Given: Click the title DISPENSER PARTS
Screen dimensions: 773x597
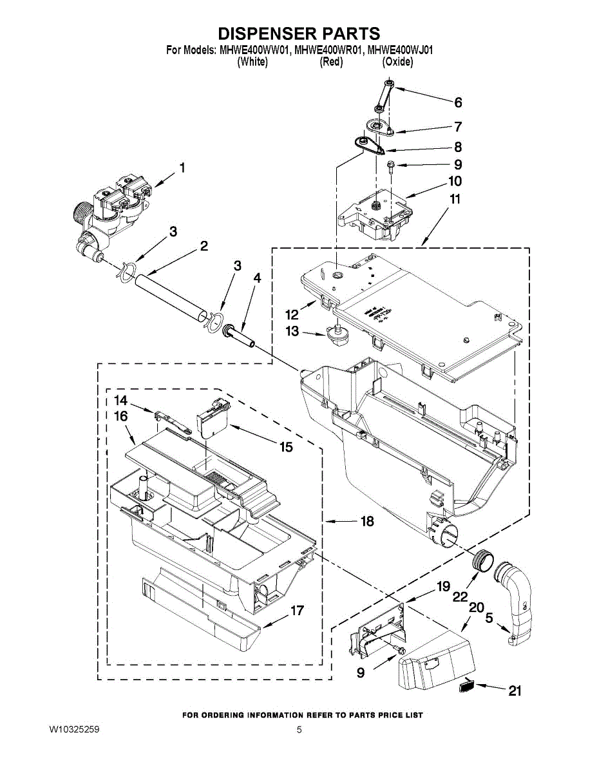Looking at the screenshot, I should pyautogui.click(x=298, y=33).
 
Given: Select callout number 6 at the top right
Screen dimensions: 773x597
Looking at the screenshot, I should pyautogui.click(x=458, y=102).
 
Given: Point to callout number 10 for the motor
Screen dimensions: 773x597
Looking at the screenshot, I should pyautogui.click(x=455, y=181).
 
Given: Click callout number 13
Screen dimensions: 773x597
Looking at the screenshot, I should pyautogui.click(x=292, y=331).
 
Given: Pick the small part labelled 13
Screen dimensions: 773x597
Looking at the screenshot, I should pyautogui.click(x=336, y=334).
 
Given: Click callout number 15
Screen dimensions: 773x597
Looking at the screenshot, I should pyautogui.click(x=285, y=446).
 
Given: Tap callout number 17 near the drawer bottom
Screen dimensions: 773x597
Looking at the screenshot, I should pyautogui.click(x=296, y=611).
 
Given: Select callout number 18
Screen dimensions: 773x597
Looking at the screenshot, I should pyautogui.click(x=366, y=522).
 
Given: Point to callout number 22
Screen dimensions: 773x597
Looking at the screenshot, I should pyautogui.click(x=459, y=596).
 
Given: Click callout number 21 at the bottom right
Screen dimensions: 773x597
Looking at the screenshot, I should pyautogui.click(x=515, y=691).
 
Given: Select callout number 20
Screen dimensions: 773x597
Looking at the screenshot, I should pyautogui.click(x=476, y=607).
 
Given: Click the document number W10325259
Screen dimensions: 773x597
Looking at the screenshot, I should pyautogui.click(x=74, y=730).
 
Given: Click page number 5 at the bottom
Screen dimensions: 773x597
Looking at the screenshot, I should pyautogui.click(x=299, y=730).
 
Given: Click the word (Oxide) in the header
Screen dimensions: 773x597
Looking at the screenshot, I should pyautogui.click(x=397, y=62).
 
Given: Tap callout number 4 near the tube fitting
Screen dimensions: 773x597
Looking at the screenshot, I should pyautogui.click(x=257, y=278).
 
